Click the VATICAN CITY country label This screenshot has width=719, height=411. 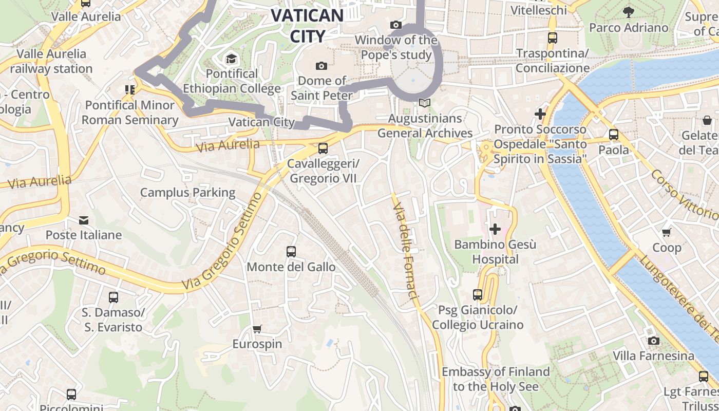pos(307,25)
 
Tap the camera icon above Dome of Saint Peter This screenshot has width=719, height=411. pos(321,66)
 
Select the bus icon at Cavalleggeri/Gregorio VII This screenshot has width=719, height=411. pos(323,148)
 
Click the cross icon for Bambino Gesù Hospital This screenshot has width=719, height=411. pos(495,229)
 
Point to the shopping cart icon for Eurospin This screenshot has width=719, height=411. pos(257,329)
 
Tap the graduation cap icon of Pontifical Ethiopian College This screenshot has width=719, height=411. pos(232,58)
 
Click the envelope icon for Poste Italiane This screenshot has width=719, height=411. pos(84,220)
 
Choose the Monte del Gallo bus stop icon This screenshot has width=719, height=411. pos(291,252)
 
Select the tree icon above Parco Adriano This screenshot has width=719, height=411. pos(628,12)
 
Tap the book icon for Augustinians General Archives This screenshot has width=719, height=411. pos(424,103)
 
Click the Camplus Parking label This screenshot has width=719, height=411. pos(187,193)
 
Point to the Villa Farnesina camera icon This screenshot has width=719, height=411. pos(653,341)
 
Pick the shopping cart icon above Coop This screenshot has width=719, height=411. pos(667,232)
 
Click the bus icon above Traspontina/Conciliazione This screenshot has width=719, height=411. pos(553,38)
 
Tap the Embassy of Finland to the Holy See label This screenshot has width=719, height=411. pos(496,379)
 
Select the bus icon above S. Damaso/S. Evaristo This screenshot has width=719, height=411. pos(113,297)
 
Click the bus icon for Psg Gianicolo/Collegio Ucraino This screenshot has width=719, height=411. pos(478,295)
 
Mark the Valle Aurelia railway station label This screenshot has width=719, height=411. pos(51,61)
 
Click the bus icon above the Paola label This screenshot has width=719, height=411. pos(613,135)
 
